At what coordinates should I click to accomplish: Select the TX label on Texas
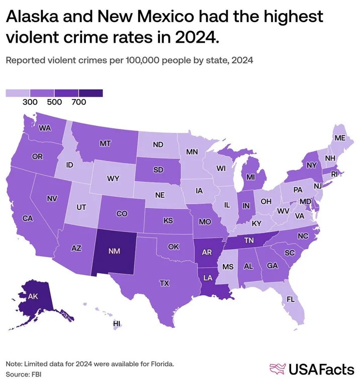click(x=164, y=283)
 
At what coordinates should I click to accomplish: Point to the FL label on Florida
click(x=290, y=299)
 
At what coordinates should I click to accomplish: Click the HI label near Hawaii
click(x=117, y=323)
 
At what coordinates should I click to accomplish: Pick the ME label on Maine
click(x=340, y=138)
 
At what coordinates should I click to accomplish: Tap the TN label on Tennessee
click(x=248, y=241)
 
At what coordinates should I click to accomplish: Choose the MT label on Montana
click(x=105, y=143)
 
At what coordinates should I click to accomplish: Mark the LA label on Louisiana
click(x=208, y=277)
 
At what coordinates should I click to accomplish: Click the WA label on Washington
click(x=45, y=128)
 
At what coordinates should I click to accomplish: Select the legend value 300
click(x=30, y=102)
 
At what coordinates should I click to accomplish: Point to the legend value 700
click(x=79, y=102)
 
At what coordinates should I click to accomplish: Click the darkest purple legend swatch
click(x=91, y=93)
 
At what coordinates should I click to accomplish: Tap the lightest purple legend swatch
click(x=18, y=93)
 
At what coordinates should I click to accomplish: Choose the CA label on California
click(x=28, y=218)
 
